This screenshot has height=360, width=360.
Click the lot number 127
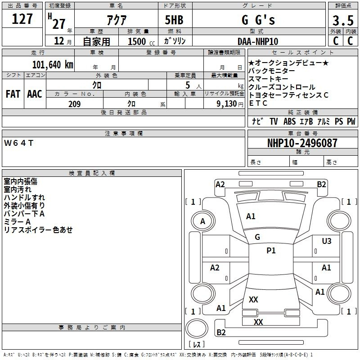(x=22, y=18)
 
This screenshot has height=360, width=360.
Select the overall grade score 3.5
(x=343, y=20)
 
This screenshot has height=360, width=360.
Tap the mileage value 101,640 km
(x=53, y=64)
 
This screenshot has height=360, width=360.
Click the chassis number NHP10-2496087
(x=302, y=143)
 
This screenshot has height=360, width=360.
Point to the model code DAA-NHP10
(x=258, y=41)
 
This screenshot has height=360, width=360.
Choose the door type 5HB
(x=174, y=20)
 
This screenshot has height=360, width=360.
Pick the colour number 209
(x=74, y=104)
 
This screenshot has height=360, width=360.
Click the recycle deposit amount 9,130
(x=227, y=104)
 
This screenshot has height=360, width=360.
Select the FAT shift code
(x=13, y=94)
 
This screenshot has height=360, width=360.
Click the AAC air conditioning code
(x=35, y=94)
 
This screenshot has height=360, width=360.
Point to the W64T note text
(x=18, y=143)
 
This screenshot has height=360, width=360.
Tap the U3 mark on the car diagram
(x=327, y=241)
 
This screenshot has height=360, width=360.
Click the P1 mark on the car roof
(x=271, y=251)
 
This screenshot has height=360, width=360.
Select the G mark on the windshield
(x=257, y=237)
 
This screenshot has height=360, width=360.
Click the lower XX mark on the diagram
(x=258, y=322)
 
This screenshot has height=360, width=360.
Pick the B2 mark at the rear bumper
(x=221, y=332)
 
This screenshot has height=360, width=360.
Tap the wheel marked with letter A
(x=203, y=221)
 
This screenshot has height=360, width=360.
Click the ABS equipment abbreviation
(x=289, y=121)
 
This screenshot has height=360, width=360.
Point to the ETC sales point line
(x=258, y=103)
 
